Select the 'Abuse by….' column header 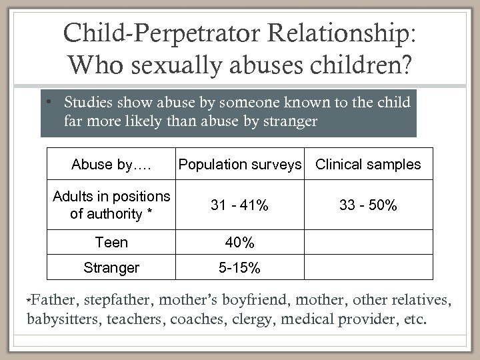(x=111, y=165)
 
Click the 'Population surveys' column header (x=239, y=165)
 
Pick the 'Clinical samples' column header (x=368, y=165)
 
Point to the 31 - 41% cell (x=239, y=206)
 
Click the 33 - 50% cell (x=368, y=206)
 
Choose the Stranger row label (x=111, y=268)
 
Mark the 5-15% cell (x=239, y=268)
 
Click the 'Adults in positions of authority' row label (x=111, y=205)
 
